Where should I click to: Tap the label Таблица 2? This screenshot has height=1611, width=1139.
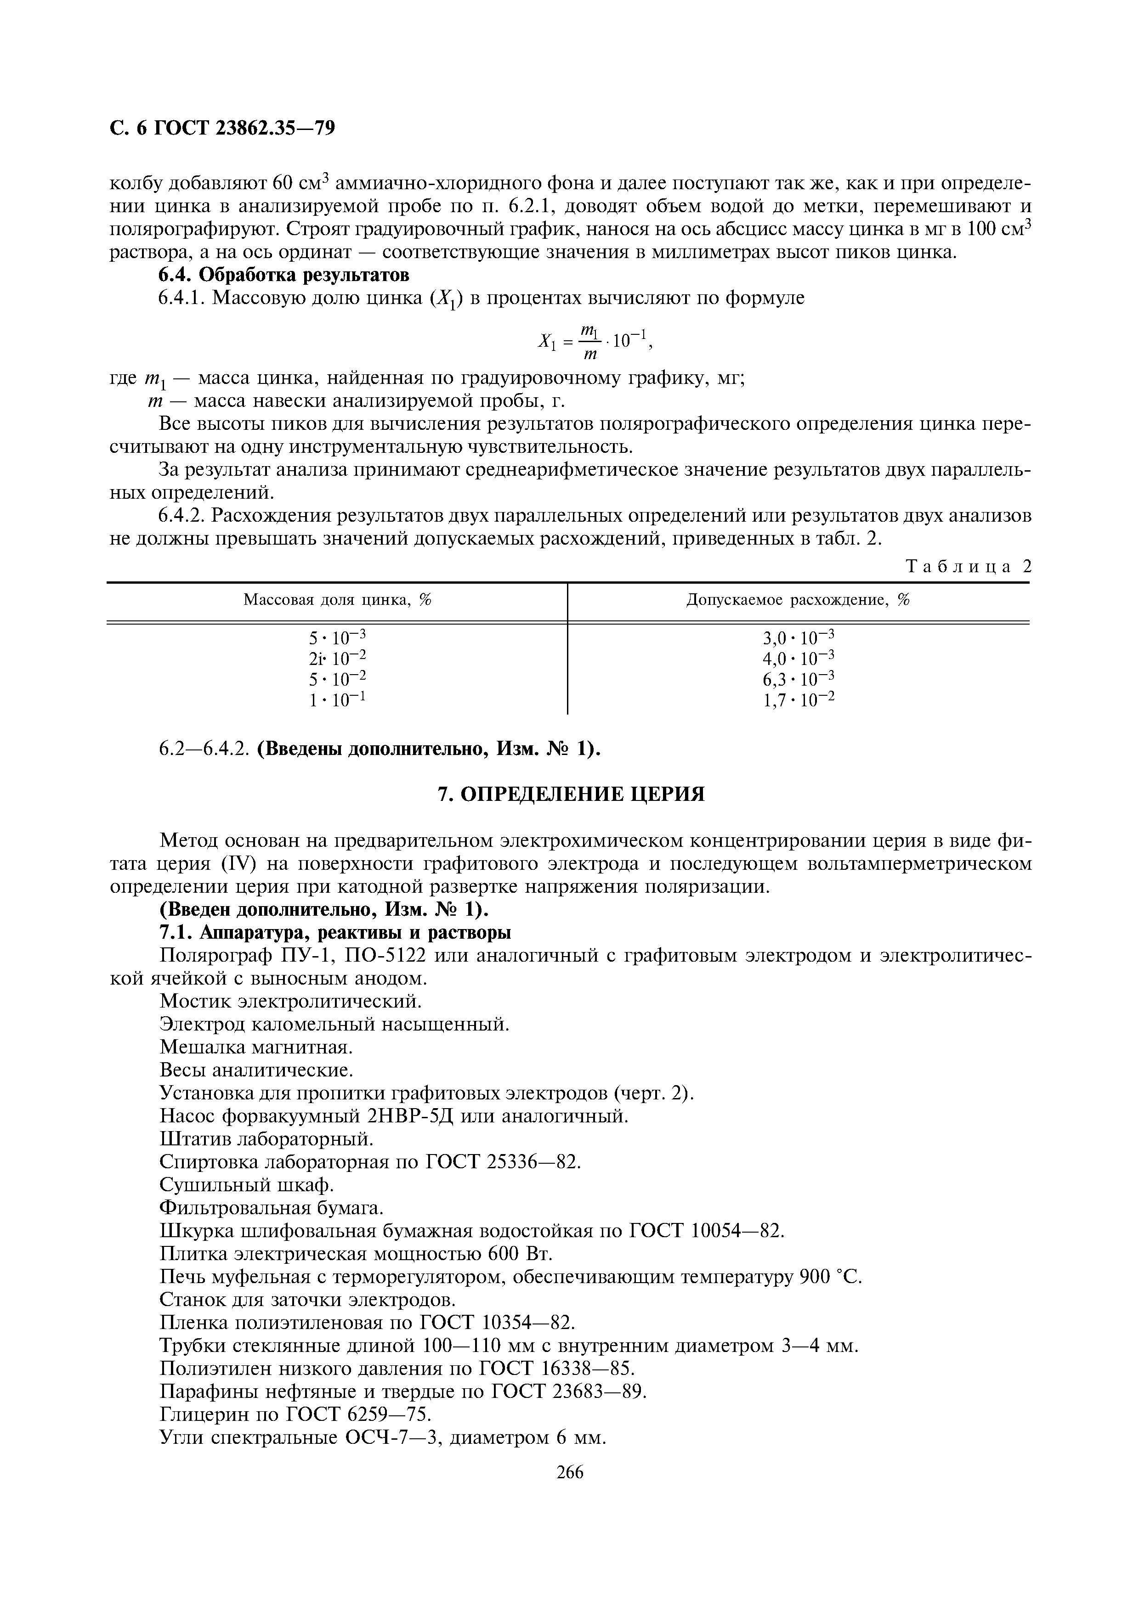[x=969, y=567]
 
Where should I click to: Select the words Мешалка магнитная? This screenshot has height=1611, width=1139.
[x=255, y=1048]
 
